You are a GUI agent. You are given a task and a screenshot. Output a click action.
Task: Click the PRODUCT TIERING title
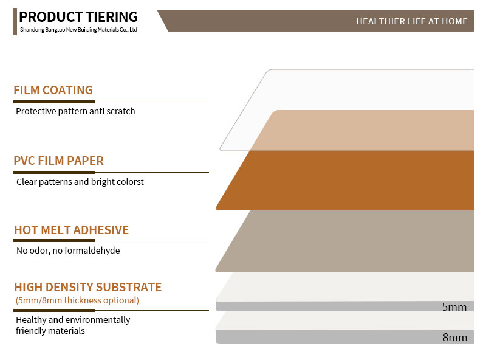click(78, 17)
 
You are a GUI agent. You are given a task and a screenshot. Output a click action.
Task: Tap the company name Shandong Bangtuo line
click(78, 30)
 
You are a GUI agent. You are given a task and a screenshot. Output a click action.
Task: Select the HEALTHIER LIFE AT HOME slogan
click(412, 21)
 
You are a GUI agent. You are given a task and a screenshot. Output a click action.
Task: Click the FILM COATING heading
click(53, 91)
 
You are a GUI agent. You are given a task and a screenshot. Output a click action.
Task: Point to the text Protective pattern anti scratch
click(75, 111)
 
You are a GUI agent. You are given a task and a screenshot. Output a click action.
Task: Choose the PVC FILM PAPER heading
click(58, 161)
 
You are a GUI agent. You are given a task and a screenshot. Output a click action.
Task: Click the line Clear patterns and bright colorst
click(80, 182)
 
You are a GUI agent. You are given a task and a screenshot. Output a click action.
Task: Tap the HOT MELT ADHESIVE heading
click(71, 230)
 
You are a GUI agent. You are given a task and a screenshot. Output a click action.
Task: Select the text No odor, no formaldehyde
click(68, 251)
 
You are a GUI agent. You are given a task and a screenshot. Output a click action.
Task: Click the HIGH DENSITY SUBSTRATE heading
click(87, 287)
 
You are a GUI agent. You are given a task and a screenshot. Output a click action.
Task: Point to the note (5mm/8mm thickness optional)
click(77, 300)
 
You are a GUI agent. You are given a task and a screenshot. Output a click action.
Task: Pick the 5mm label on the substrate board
click(454, 307)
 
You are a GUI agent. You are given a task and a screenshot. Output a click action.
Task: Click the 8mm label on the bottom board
click(454, 337)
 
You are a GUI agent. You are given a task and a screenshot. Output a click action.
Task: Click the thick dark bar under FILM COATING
click(54, 102)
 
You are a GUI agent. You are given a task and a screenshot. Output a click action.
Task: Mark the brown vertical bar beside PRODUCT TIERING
click(15, 22)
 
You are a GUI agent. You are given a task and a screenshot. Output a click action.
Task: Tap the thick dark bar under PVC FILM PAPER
click(54, 172)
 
